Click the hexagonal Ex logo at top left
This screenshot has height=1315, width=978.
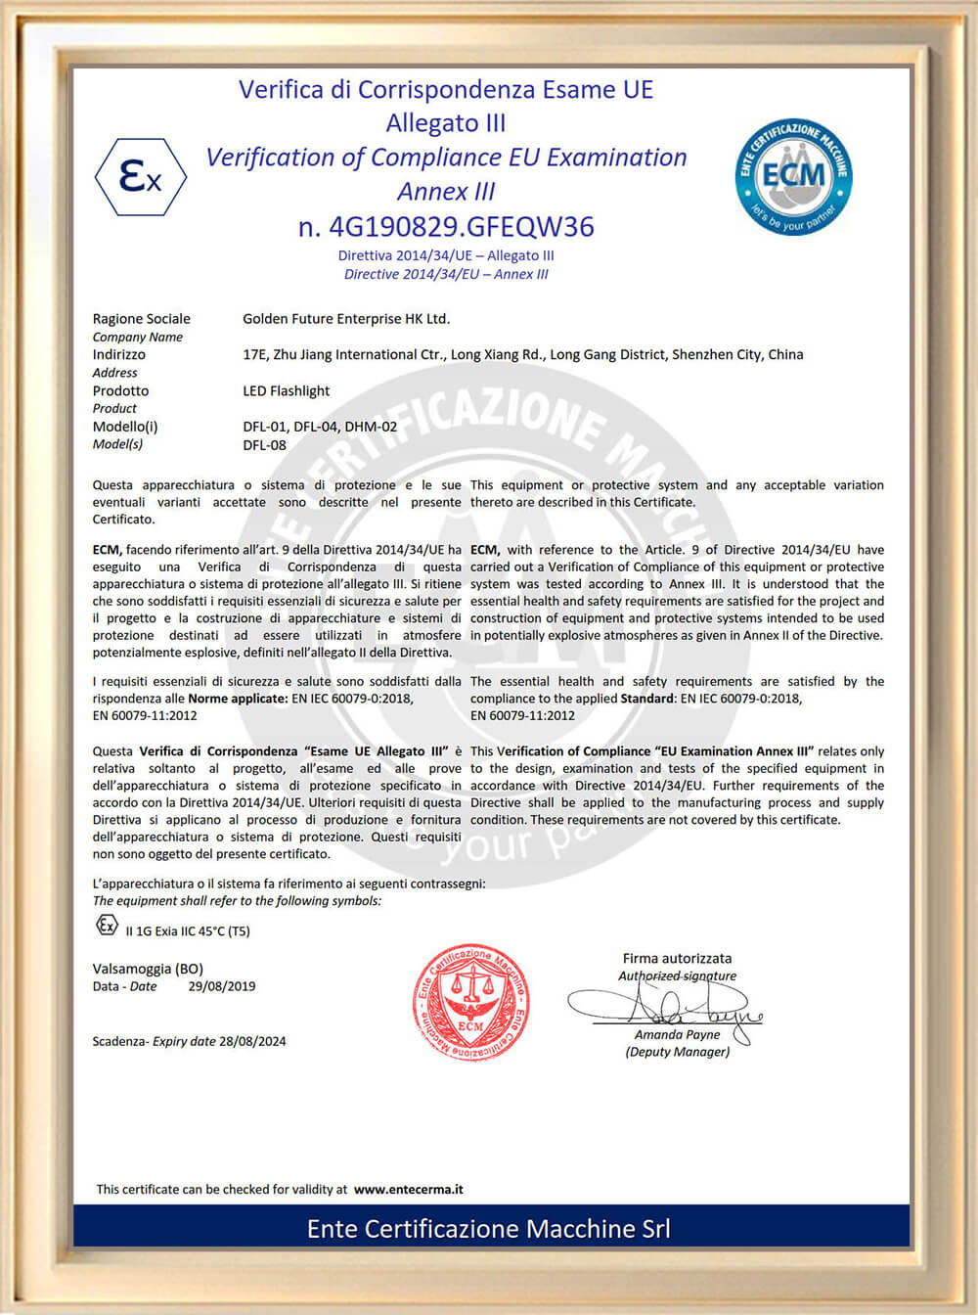(140, 177)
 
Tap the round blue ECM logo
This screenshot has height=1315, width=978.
(793, 176)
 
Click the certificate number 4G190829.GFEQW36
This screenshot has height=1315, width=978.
(446, 227)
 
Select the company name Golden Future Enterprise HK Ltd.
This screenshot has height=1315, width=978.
(346, 319)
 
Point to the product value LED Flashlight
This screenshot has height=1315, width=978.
(286, 391)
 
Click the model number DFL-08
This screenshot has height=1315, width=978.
(264, 445)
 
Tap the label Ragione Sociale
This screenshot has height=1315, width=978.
(141, 319)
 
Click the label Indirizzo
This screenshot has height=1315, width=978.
(118, 355)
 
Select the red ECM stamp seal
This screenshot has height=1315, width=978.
(470, 1002)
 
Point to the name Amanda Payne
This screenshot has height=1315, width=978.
(677, 1035)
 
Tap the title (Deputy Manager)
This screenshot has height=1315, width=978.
(677, 1053)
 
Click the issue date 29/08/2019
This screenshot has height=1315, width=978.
(221, 987)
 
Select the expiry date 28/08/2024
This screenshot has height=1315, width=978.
(252, 1042)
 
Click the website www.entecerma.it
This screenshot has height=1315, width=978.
(408, 1190)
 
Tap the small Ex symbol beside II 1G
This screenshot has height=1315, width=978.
(107, 925)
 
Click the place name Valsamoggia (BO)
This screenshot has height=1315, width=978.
(148, 969)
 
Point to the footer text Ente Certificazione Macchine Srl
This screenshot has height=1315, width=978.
(488, 1229)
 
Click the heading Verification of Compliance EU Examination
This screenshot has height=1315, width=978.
(446, 158)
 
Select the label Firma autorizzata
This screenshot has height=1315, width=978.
(677, 959)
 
